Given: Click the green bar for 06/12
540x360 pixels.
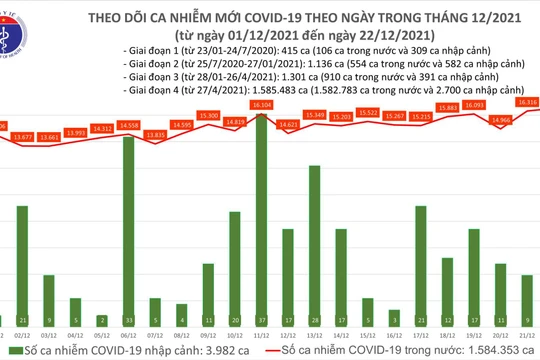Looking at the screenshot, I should click(x=130, y=220).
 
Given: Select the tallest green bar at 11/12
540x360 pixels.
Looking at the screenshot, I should click(x=261, y=210).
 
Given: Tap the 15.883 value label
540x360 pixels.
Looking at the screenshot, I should click(x=447, y=108).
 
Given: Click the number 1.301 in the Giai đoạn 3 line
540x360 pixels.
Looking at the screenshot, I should click(x=321, y=75).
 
